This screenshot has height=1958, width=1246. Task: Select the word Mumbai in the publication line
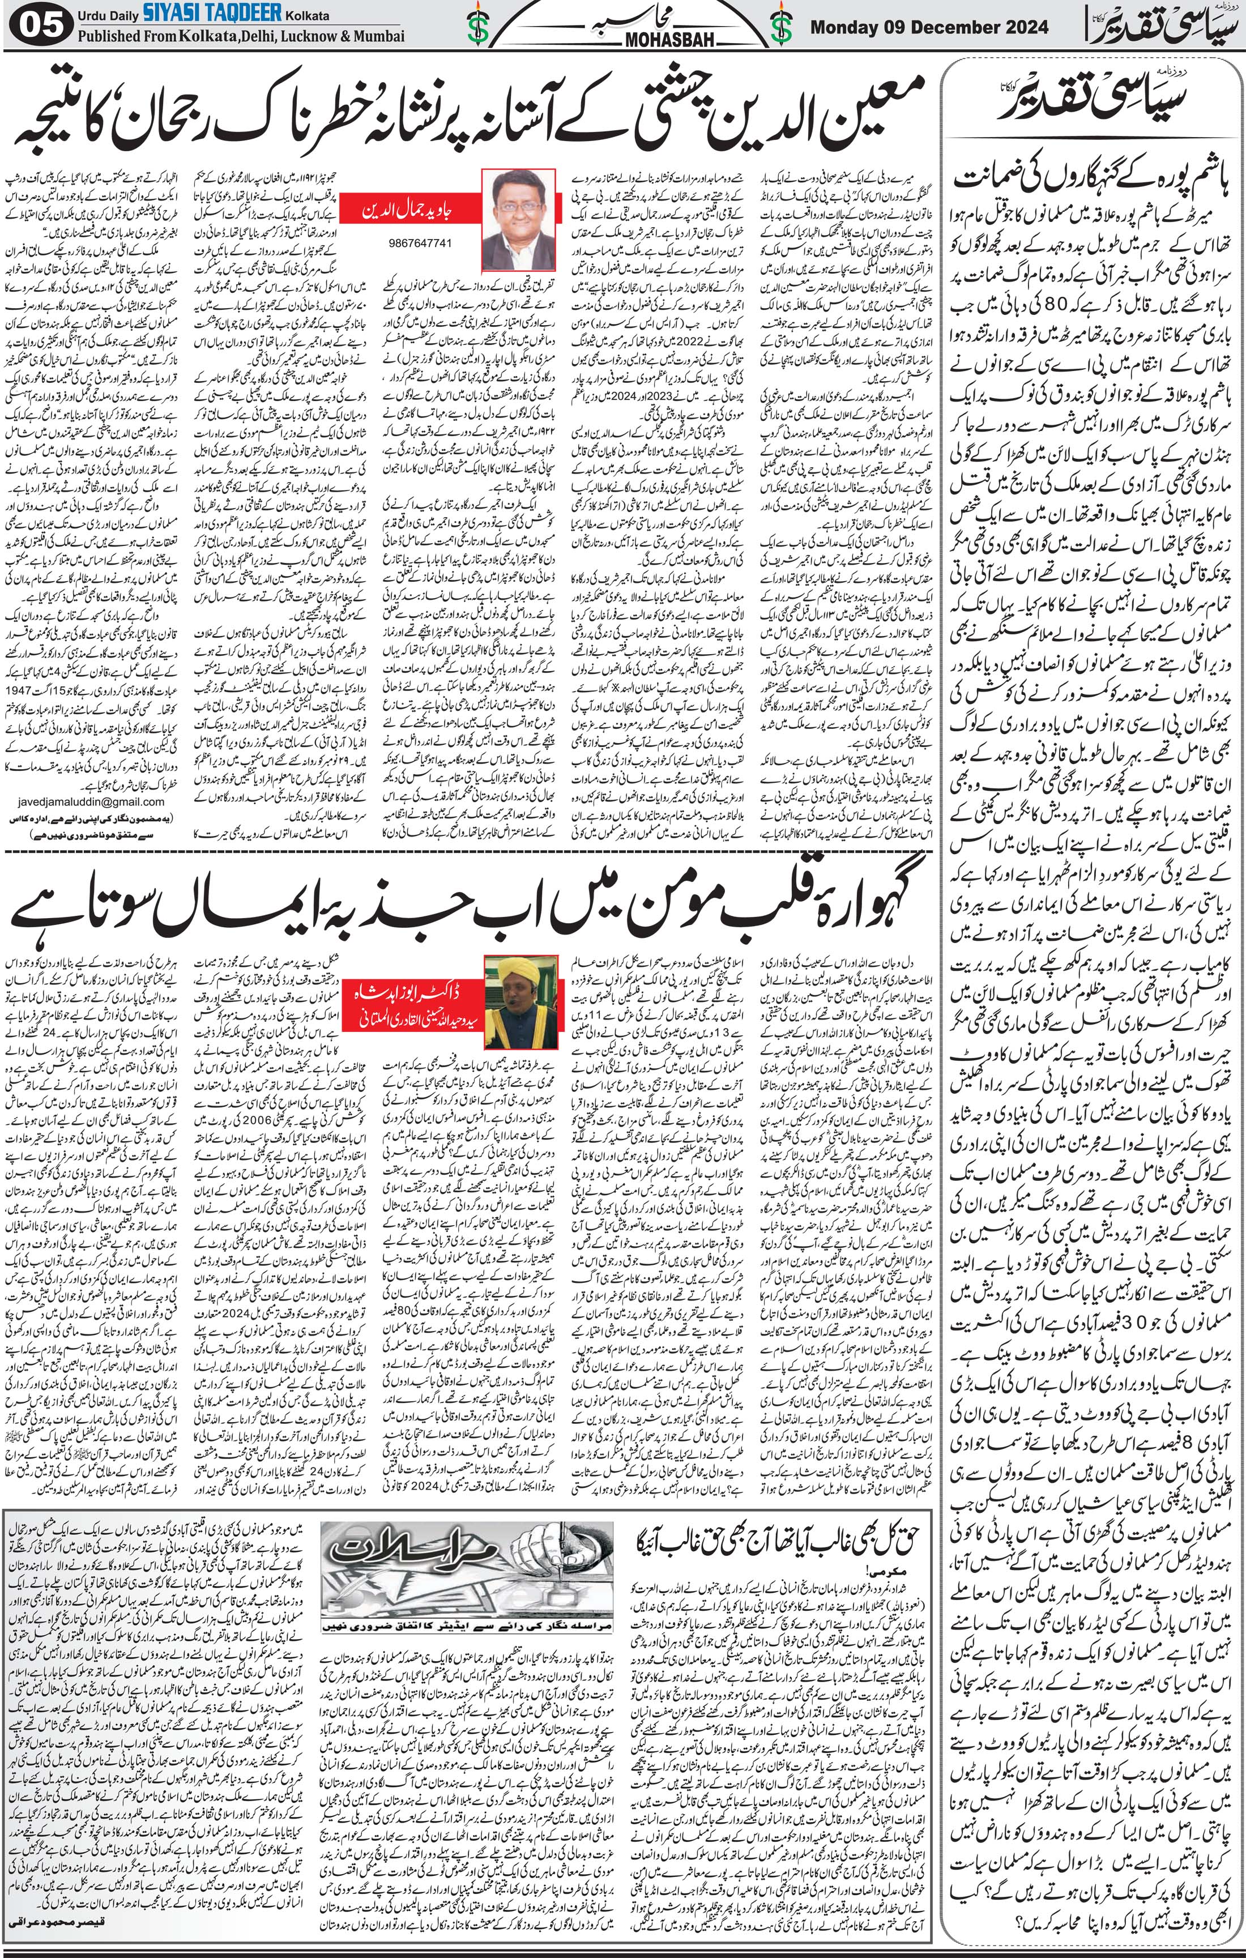click(375, 37)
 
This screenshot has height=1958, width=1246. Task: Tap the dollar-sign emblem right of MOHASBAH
click(782, 27)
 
